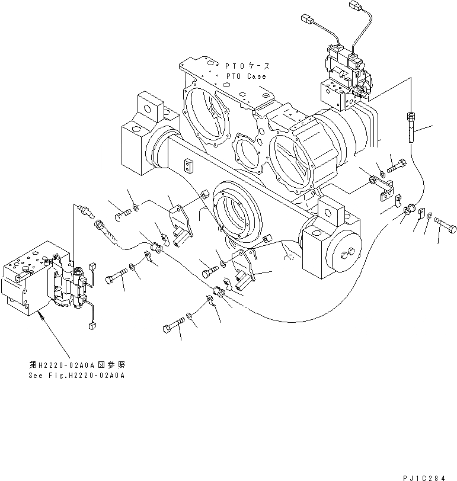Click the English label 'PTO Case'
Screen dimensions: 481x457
(x=245, y=76)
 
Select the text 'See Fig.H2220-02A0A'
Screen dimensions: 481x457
(x=77, y=376)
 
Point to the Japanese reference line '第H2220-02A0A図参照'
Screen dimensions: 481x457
(x=77, y=365)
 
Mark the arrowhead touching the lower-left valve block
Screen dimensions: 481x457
(x=41, y=318)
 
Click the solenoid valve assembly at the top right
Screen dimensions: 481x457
(x=347, y=74)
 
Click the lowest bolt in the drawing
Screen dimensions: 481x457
(x=172, y=327)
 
